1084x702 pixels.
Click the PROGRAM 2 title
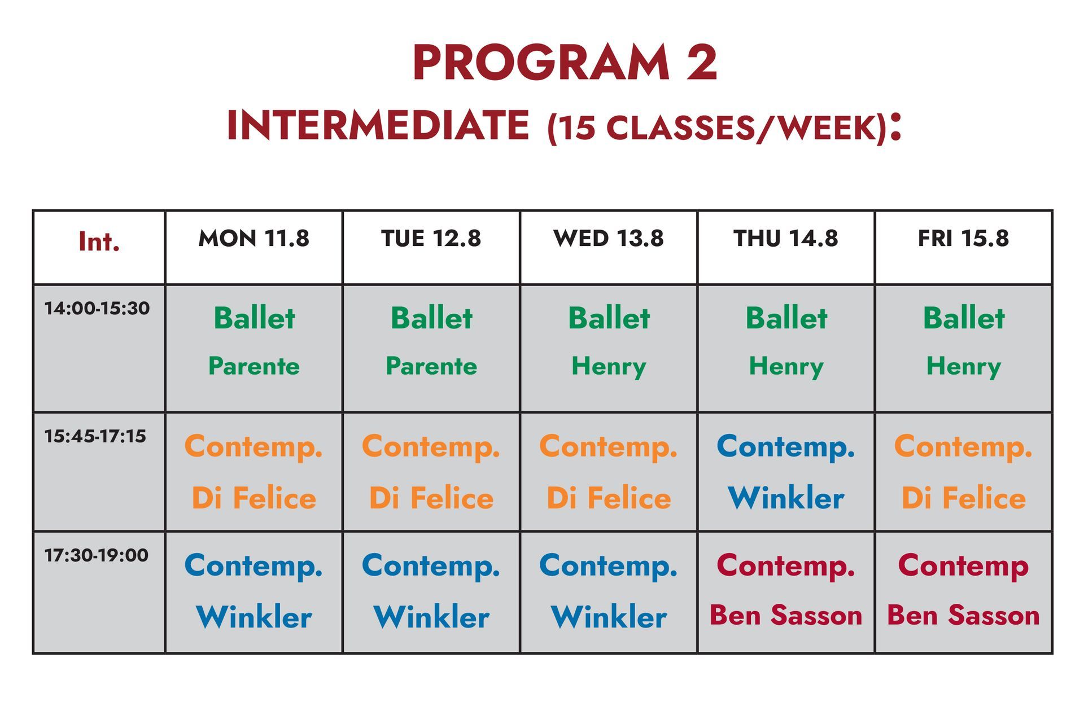(565, 63)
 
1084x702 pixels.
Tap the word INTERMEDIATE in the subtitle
(378, 125)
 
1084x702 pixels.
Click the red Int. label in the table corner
(99, 242)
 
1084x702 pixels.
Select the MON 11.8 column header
(253, 238)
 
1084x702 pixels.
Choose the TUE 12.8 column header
(431, 238)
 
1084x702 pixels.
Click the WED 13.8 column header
(608, 238)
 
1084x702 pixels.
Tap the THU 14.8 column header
(785, 238)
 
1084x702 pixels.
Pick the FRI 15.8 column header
(963, 238)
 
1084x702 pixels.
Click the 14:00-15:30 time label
(97, 308)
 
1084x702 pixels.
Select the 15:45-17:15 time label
(95, 436)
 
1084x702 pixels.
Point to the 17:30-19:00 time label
(97, 555)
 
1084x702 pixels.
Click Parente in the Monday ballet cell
(253, 366)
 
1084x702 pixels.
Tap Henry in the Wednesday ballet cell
(609, 367)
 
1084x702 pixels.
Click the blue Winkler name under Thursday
(786, 498)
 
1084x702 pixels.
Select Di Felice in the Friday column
(963, 498)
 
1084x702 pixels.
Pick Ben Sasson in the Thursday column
(785, 615)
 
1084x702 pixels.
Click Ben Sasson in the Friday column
(963, 615)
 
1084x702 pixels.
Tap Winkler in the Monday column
(253, 617)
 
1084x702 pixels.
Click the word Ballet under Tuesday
(431, 318)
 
